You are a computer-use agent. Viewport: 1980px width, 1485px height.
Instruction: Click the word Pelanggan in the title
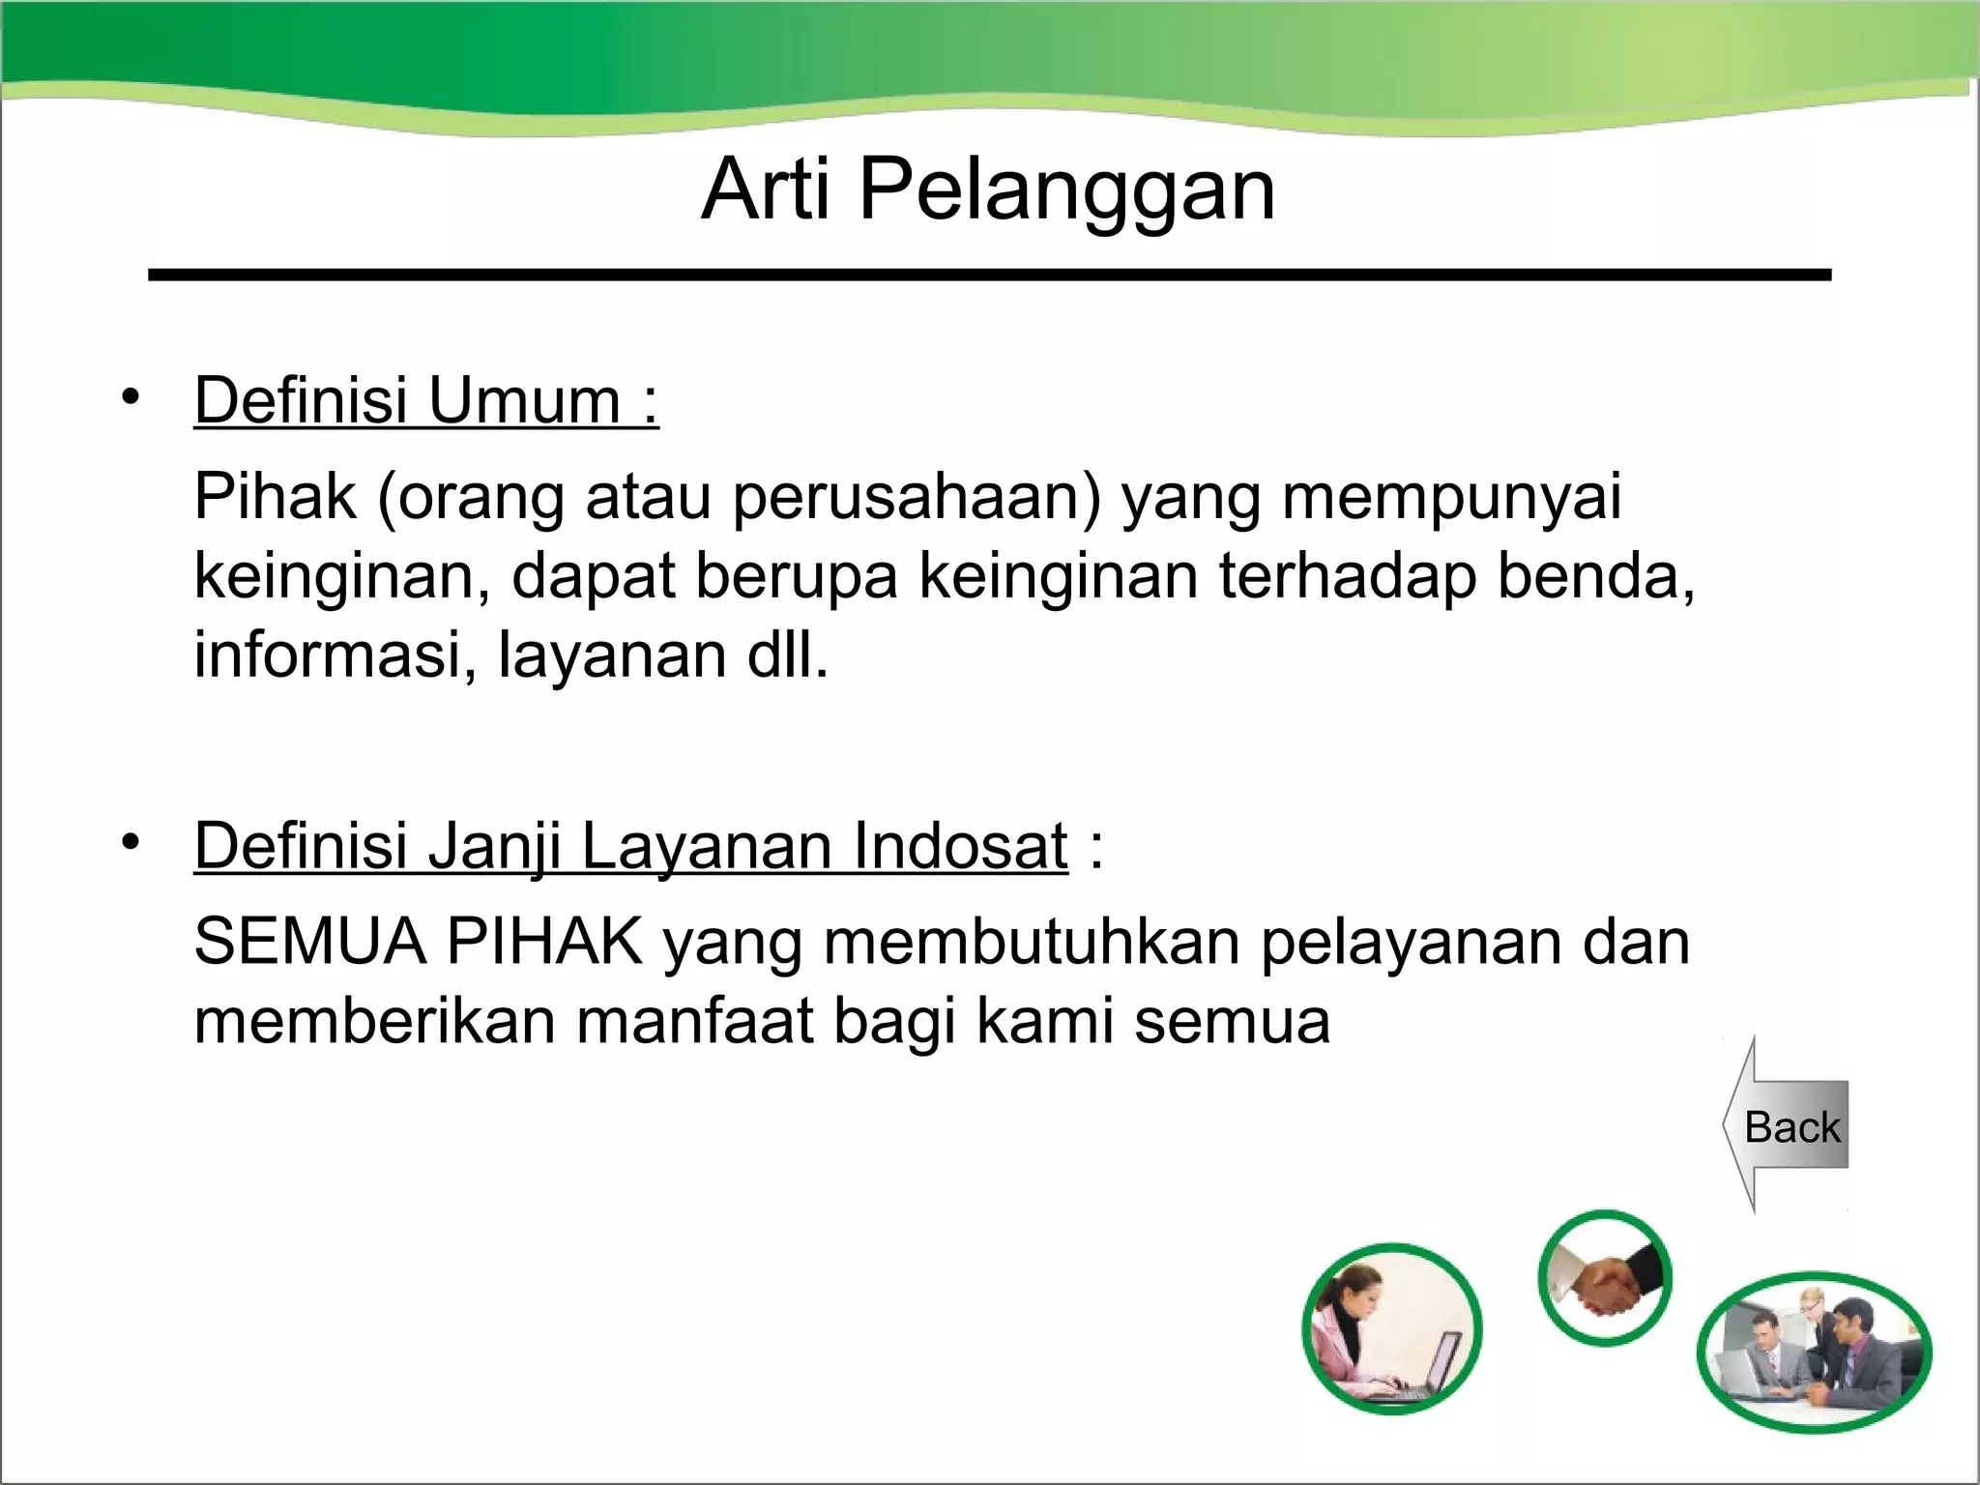[1067, 191]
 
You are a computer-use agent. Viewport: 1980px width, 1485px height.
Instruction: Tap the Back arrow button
[1789, 1126]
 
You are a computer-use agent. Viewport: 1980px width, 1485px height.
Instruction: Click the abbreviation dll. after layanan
[788, 655]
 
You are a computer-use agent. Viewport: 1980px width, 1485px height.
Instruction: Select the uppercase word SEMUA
[309, 943]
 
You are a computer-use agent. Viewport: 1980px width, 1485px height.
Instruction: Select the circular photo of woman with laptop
[1391, 1328]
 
